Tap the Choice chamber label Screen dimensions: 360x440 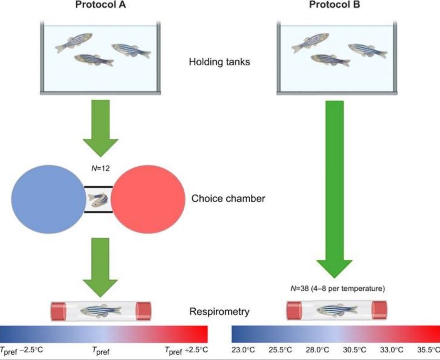[228, 198]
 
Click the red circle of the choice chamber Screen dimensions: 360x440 [149, 199]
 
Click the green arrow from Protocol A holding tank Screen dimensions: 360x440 [101, 127]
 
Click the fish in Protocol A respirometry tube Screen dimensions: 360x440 [101, 310]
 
